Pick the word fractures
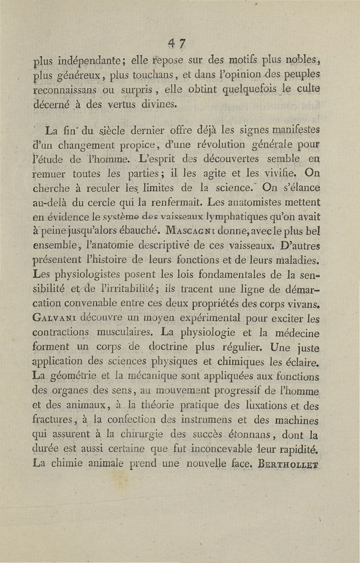point(53,406)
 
